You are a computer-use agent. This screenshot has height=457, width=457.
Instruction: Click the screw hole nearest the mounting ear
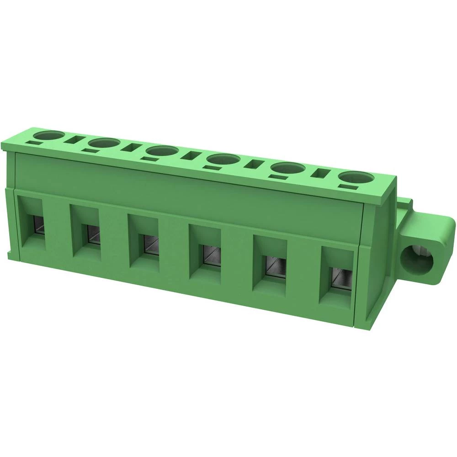pos(356,178)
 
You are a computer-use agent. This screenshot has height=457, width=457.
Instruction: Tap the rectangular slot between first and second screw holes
pos(75,141)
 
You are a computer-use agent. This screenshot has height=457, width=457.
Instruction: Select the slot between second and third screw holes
pos(132,148)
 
